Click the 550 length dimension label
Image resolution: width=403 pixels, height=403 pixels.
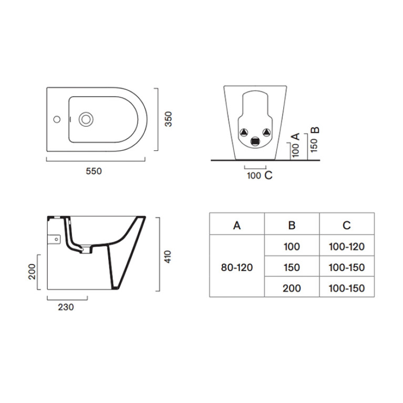click(94, 171)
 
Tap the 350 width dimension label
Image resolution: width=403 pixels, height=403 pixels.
click(168, 119)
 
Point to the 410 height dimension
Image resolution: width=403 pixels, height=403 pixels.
click(168, 256)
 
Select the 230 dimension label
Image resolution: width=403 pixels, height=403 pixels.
click(66, 307)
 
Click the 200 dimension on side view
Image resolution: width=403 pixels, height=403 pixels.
click(32, 272)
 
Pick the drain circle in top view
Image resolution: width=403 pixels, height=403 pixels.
click(86, 119)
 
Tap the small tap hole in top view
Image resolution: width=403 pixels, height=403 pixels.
click(57, 119)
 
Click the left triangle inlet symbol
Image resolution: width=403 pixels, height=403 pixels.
click(244, 132)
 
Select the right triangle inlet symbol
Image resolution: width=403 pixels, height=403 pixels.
click(267, 132)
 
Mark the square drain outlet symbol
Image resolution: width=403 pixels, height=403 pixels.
click(255, 141)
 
